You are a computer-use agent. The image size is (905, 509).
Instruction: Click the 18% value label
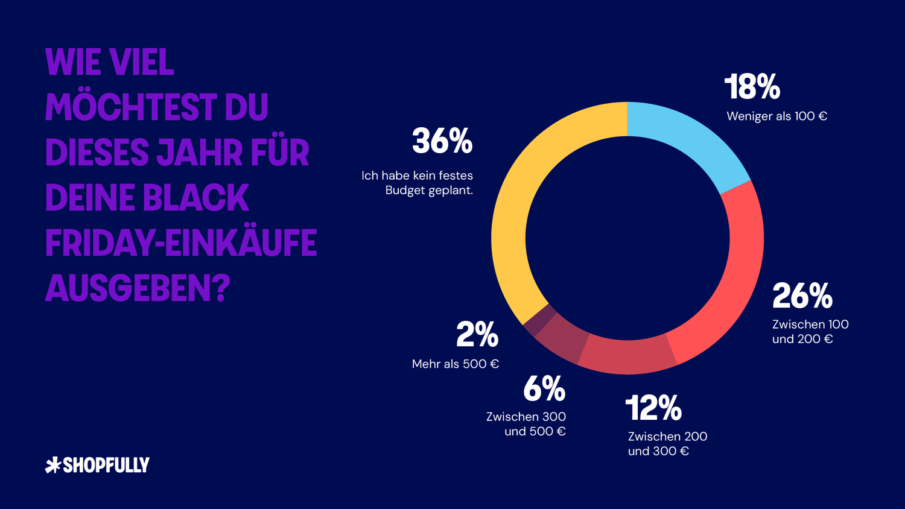point(752,87)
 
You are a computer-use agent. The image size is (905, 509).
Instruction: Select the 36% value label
point(442,141)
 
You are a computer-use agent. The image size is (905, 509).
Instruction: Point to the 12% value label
point(653,408)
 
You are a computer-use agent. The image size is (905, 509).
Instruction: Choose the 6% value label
point(544,389)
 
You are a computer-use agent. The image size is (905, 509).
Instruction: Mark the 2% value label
point(477,335)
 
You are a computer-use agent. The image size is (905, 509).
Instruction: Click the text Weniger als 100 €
point(776,116)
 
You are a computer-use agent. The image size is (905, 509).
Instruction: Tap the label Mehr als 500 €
point(456,364)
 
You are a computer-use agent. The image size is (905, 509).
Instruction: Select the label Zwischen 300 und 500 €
point(527,424)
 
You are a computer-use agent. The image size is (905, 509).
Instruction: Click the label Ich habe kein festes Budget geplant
point(418,183)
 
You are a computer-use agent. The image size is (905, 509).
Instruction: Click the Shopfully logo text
point(106,465)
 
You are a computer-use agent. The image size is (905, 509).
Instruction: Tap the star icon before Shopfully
point(53,465)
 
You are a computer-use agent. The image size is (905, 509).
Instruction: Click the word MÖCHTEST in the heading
point(131,107)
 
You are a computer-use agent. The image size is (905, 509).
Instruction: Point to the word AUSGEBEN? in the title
point(138,288)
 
